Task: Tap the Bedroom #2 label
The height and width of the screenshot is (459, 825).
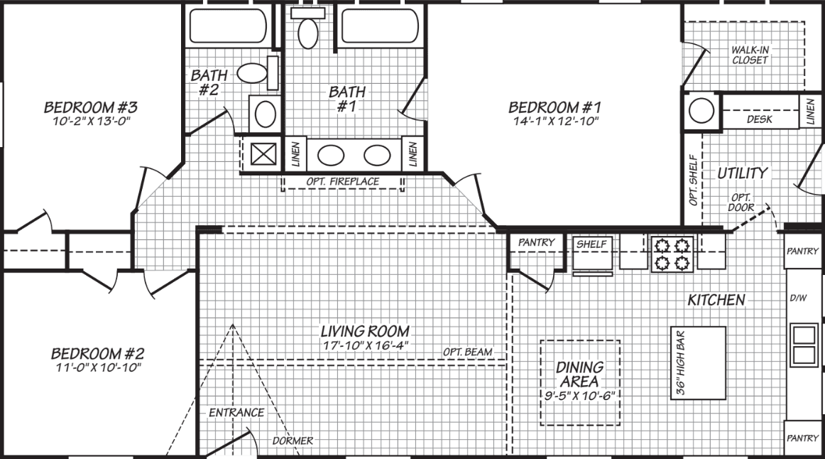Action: [x=98, y=353]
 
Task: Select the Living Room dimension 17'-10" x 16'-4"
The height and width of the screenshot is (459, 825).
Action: [x=365, y=345]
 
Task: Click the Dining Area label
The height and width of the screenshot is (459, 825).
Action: [x=579, y=374]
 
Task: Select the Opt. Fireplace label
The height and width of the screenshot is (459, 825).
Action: [x=342, y=182]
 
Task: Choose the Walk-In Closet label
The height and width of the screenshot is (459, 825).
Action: [x=750, y=55]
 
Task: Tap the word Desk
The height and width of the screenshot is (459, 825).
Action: [x=760, y=119]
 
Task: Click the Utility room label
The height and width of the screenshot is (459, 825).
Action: [x=742, y=173]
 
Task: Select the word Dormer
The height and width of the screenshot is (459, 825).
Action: [x=293, y=441]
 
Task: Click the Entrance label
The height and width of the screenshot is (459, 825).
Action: [x=236, y=412]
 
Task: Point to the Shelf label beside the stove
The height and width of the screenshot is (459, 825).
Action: [x=591, y=244]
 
